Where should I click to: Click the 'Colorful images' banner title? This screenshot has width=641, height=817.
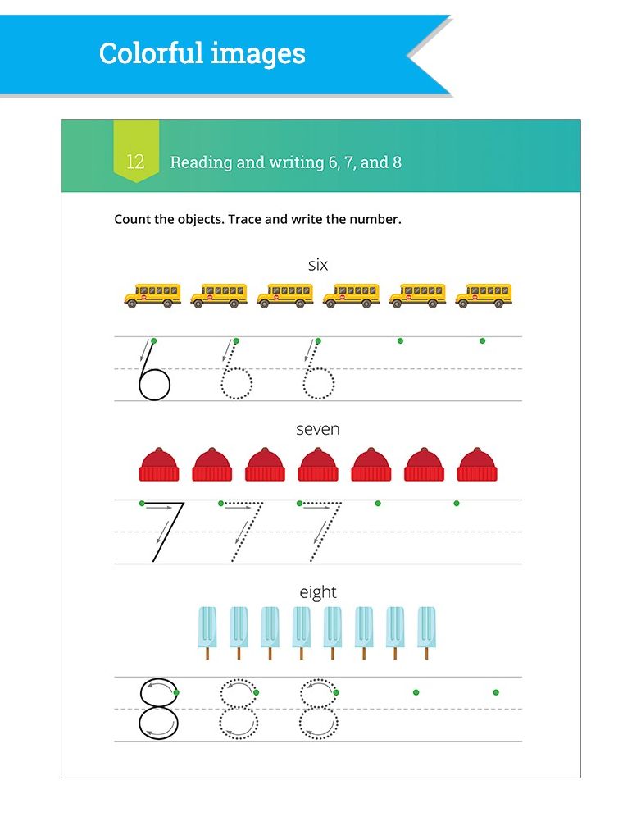202,54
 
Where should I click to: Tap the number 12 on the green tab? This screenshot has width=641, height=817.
135,162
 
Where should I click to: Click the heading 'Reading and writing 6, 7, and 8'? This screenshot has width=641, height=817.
285,162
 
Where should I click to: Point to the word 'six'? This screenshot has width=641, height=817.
318,264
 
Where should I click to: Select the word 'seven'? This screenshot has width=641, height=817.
318,429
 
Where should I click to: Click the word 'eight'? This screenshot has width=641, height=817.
318,591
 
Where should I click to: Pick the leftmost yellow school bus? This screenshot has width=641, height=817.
152,295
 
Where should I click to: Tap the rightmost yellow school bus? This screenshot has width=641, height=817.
484,295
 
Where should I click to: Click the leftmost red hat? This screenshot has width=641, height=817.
159,464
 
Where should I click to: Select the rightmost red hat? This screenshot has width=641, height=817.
477,464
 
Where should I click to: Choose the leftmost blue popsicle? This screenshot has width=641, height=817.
208,632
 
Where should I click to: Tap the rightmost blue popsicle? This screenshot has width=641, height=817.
426,632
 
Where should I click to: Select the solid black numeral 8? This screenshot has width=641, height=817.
157,709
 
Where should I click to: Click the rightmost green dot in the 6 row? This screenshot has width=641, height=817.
482,340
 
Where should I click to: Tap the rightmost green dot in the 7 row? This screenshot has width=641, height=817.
457,503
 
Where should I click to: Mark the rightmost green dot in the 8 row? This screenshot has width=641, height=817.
496,692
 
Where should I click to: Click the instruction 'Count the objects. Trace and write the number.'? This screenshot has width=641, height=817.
257,220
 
